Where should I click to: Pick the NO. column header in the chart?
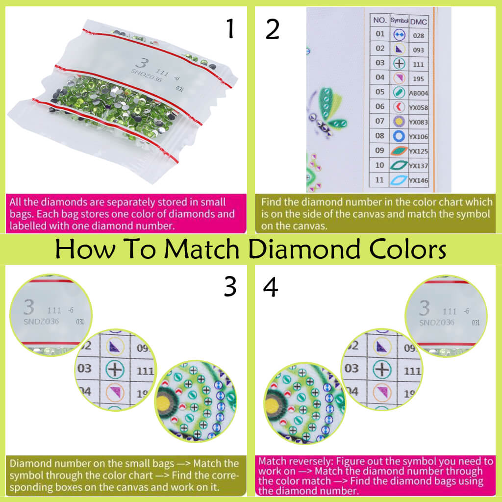[x=380, y=21]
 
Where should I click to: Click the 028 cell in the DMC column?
[x=418, y=35]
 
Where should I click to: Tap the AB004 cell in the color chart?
[x=418, y=93]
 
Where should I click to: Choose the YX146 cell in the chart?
[x=418, y=180]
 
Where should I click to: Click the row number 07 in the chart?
[x=380, y=121]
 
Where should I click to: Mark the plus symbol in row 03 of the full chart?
[x=400, y=64]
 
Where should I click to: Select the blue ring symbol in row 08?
[x=399, y=136]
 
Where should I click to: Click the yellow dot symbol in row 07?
[x=399, y=121]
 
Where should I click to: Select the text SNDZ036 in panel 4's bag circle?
[x=436, y=322]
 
